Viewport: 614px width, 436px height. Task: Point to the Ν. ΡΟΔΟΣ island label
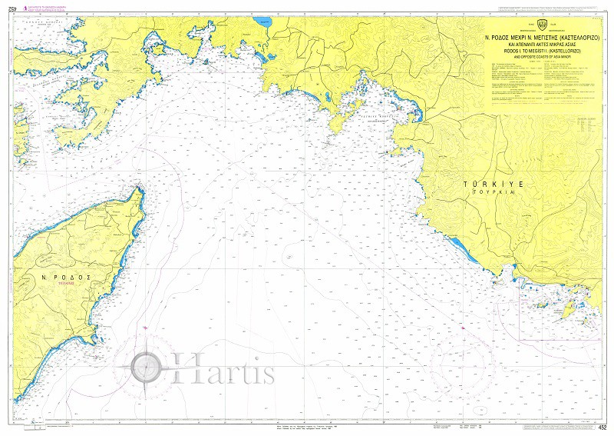(x=67, y=277)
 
